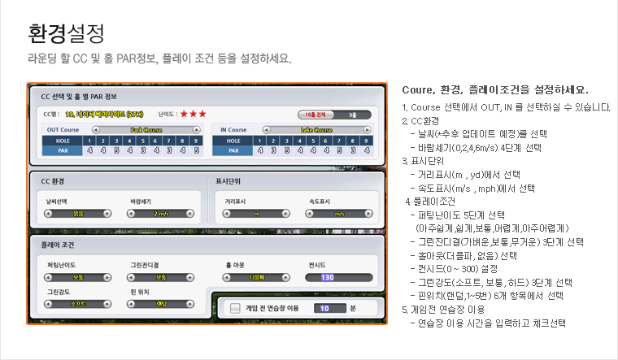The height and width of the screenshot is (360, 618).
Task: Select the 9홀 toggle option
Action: [350, 115]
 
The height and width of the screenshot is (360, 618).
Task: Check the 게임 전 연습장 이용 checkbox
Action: [236, 308]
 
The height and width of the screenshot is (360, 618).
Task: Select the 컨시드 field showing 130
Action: [328, 277]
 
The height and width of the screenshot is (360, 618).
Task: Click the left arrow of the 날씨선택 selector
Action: [47, 213]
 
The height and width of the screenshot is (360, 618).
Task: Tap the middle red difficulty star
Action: [193, 115]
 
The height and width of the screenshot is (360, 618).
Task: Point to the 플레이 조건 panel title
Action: [57, 243]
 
